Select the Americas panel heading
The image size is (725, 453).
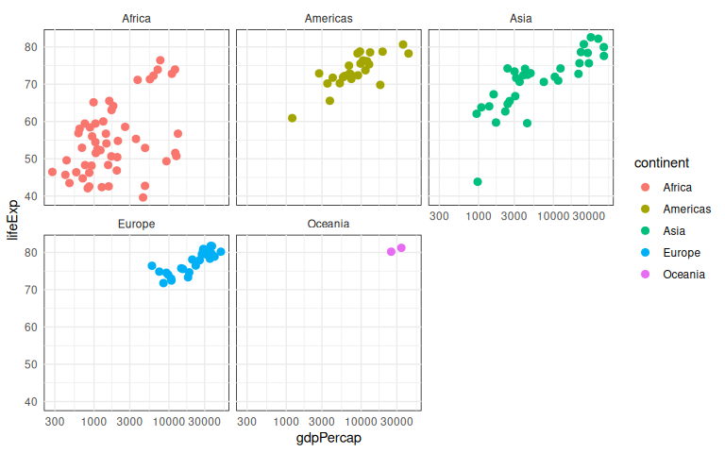[x=329, y=19]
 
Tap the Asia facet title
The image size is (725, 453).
[x=520, y=19]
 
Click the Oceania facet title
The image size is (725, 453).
[x=329, y=224]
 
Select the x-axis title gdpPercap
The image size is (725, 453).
[x=329, y=439]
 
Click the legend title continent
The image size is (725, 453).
[x=661, y=163]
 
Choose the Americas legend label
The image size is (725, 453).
[x=687, y=209]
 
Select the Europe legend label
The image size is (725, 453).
[x=682, y=252]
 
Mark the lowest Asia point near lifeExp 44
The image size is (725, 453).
[x=478, y=181]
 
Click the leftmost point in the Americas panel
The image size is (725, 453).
[x=293, y=118]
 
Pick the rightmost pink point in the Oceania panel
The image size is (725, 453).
[x=401, y=248]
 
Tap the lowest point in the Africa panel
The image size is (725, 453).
[x=143, y=197]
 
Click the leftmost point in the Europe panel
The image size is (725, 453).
[x=152, y=266]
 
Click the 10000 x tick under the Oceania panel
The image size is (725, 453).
[x=360, y=421]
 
